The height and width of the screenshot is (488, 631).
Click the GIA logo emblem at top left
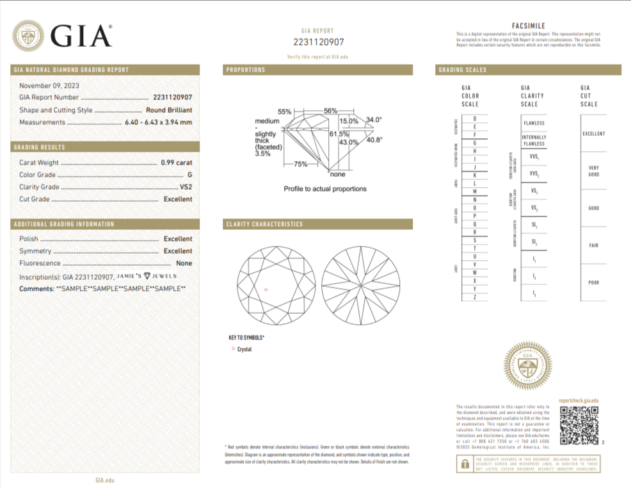29,36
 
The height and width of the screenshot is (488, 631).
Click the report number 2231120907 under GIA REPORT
318,42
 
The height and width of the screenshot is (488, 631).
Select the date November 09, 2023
49,85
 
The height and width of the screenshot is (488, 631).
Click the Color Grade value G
189,175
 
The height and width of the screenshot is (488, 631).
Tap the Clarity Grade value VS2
186,187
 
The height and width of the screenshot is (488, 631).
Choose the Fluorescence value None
184,263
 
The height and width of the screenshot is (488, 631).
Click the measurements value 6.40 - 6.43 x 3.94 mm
158,122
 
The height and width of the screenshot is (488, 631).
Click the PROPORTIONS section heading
246,70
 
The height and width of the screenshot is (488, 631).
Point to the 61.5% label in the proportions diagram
339,134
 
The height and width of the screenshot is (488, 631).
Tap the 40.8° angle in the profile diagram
374,140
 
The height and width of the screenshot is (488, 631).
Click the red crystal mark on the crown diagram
266,290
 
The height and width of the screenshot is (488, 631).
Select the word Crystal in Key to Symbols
244,350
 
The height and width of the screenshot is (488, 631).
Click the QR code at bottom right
579,425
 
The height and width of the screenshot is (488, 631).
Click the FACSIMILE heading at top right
528,25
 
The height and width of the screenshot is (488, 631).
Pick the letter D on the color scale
474,119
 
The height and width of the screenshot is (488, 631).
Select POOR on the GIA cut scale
593,282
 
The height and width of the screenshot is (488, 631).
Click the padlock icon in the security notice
464,466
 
